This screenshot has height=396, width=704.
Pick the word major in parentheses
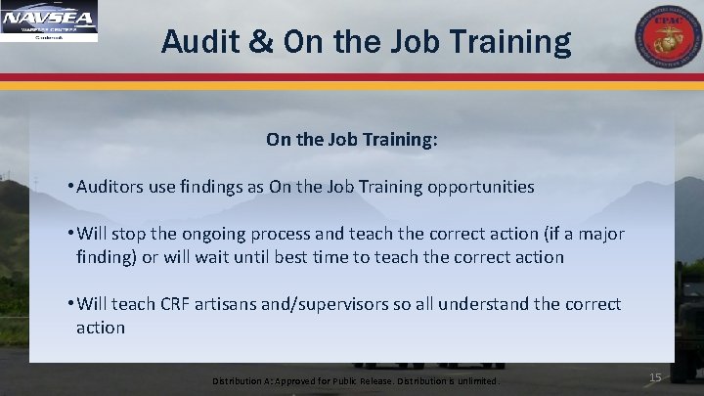[x=596, y=238]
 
